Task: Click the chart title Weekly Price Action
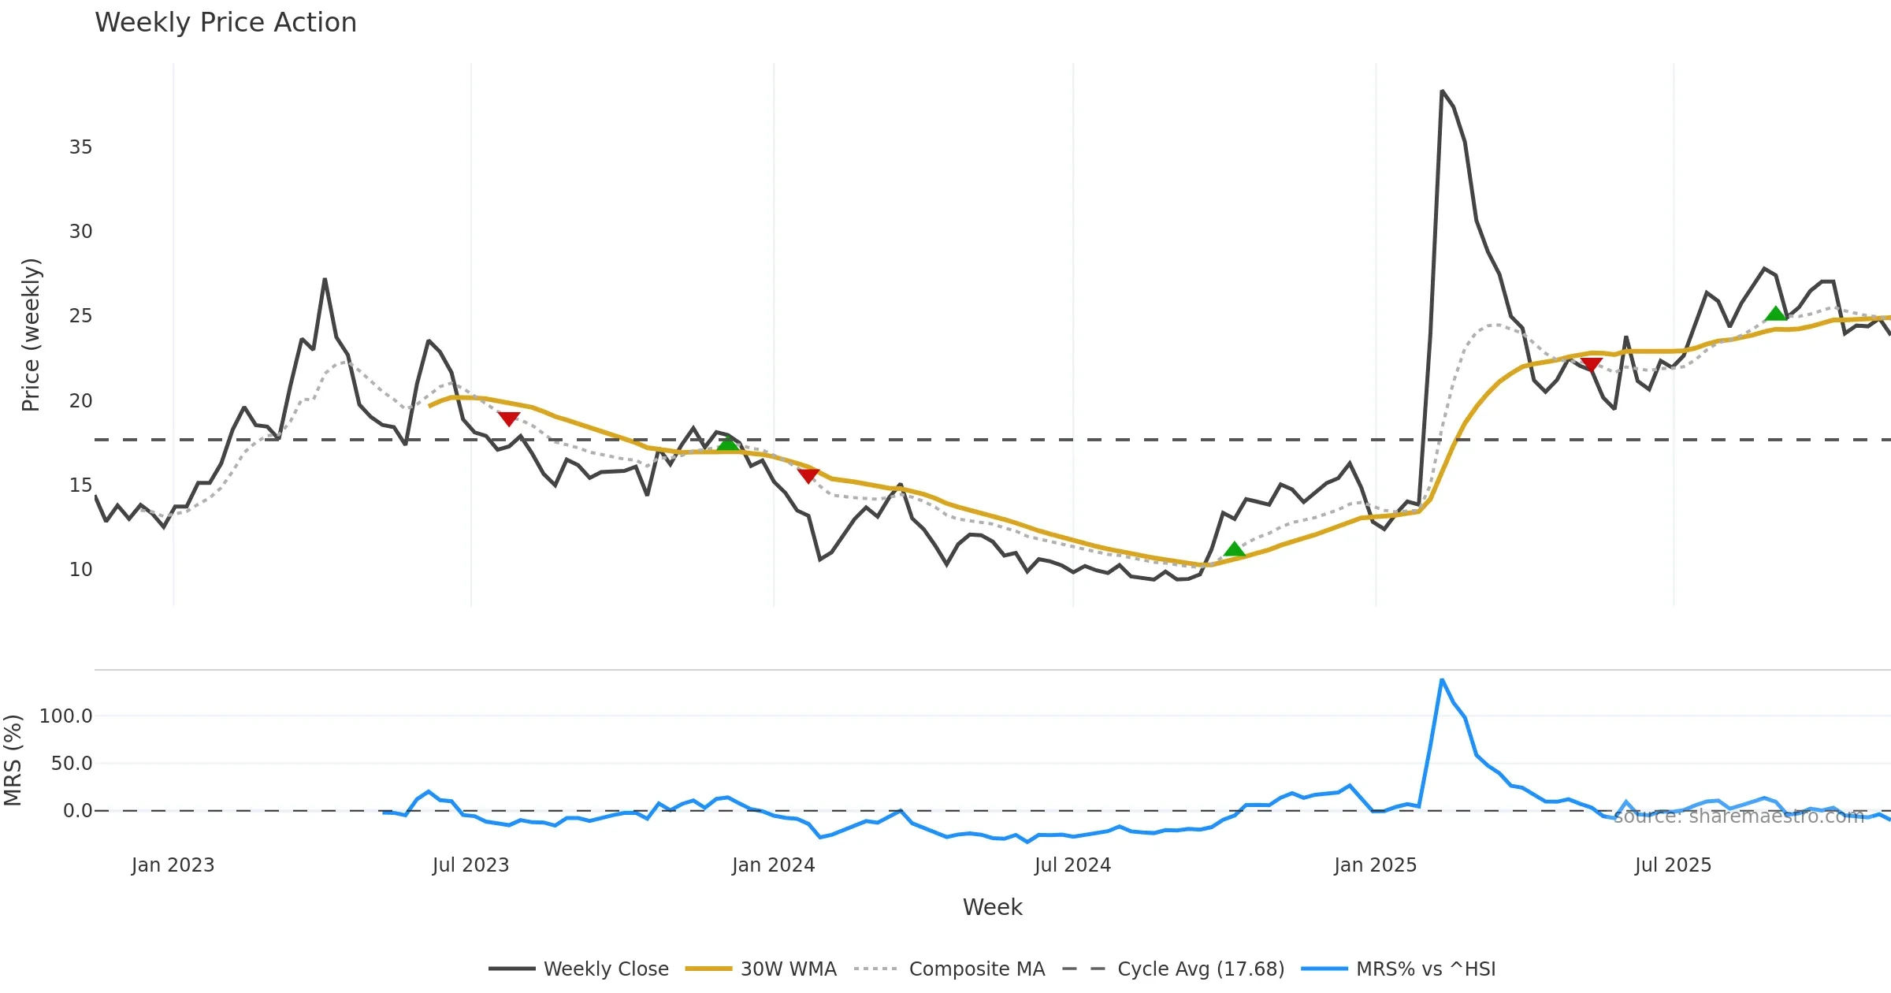[x=225, y=23]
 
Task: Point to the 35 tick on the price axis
[x=80, y=147]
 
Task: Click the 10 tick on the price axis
[x=80, y=570]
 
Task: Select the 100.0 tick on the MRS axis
[x=66, y=716]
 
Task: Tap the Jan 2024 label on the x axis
[x=773, y=865]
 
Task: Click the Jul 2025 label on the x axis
[x=1673, y=865]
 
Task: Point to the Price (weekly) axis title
[x=31, y=335]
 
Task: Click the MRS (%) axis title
[x=13, y=761]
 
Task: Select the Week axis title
[x=992, y=908]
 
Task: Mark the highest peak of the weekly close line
[x=1442, y=91]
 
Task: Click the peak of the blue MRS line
[x=1442, y=679]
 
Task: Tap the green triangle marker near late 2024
[x=1235, y=549]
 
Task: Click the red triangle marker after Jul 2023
[x=509, y=418]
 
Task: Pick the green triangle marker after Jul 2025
[x=1776, y=314]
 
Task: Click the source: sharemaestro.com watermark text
[x=1739, y=816]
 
